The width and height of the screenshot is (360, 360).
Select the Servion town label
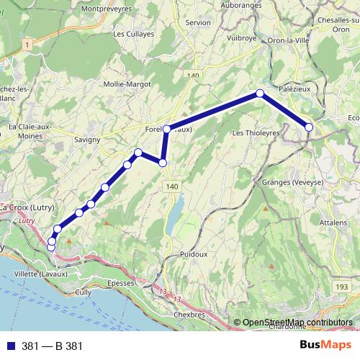(x=198, y=23)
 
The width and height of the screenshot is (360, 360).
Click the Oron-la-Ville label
(x=289, y=40)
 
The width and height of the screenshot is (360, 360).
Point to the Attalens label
(x=333, y=223)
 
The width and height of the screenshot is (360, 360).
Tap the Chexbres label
(x=189, y=315)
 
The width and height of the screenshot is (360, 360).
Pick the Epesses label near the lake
(x=120, y=283)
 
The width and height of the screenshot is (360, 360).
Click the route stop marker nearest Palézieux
(x=309, y=127)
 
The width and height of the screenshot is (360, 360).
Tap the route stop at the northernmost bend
(x=260, y=94)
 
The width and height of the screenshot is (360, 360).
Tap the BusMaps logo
(x=327, y=345)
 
